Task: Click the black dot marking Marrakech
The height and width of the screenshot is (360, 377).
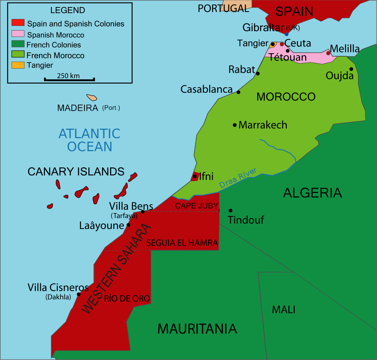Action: click(x=235, y=125)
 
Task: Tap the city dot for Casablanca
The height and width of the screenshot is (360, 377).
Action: click(x=238, y=92)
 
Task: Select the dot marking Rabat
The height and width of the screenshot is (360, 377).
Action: click(x=258, y=73)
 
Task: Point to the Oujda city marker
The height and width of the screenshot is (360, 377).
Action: click(x=351, y=69)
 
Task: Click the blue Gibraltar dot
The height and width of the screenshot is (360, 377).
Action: click(x=287, y=34)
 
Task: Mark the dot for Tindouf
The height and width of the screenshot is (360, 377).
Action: click(x=230, y=211)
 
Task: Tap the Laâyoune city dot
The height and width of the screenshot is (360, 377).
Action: click(x=128, y=225)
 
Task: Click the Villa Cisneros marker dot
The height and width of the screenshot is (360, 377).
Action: click(x=78, y=294)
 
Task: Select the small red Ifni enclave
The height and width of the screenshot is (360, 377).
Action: click(x=194, y=176)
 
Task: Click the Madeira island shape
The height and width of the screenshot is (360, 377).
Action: click(x=92, y=97)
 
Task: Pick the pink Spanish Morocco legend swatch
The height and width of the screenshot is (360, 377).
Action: click(x=18, y=34)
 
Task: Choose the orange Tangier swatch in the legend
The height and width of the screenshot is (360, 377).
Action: click(x=18, y=65)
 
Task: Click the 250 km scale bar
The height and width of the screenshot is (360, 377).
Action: click(x=69, y=79)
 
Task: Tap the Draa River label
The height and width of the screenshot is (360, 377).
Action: click(x=238, y=178)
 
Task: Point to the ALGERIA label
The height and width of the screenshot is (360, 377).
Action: click(x=312, y=193)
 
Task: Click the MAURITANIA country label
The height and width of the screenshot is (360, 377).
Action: click(x=197, y=329)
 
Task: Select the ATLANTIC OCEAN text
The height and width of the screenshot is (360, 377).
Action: click(x=89, y=140)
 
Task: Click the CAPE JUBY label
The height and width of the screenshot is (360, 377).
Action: click(x=197, y=206)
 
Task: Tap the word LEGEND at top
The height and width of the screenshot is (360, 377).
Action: click(x=68, y=10)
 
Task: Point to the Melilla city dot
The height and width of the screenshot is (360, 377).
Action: click(x=328, y=53)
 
